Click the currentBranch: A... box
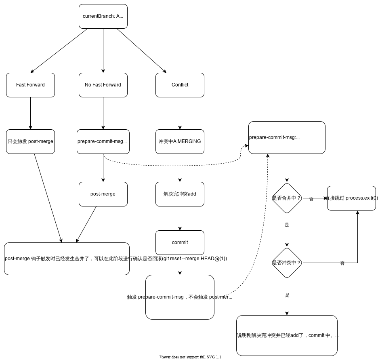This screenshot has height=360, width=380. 103,17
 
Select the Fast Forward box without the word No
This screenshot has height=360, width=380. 30,85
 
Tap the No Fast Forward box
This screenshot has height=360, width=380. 103,85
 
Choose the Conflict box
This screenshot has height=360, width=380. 180,85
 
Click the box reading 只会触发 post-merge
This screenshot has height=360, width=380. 30,141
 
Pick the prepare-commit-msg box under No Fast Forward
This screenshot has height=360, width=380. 103,141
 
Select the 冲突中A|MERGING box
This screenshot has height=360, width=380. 180,141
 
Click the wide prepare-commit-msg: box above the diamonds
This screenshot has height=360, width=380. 287,137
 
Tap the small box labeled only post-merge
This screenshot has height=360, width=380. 103,194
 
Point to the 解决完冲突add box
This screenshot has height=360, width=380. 180,194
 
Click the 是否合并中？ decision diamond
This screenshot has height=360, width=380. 287,198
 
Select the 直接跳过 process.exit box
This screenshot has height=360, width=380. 351,198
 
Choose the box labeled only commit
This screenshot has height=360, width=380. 180,242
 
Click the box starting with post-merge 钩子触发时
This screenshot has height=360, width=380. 67,259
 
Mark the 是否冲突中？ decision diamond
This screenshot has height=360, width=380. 287,263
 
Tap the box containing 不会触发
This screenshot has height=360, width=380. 180,297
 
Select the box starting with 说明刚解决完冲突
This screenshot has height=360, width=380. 287,335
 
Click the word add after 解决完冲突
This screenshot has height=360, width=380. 192,194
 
